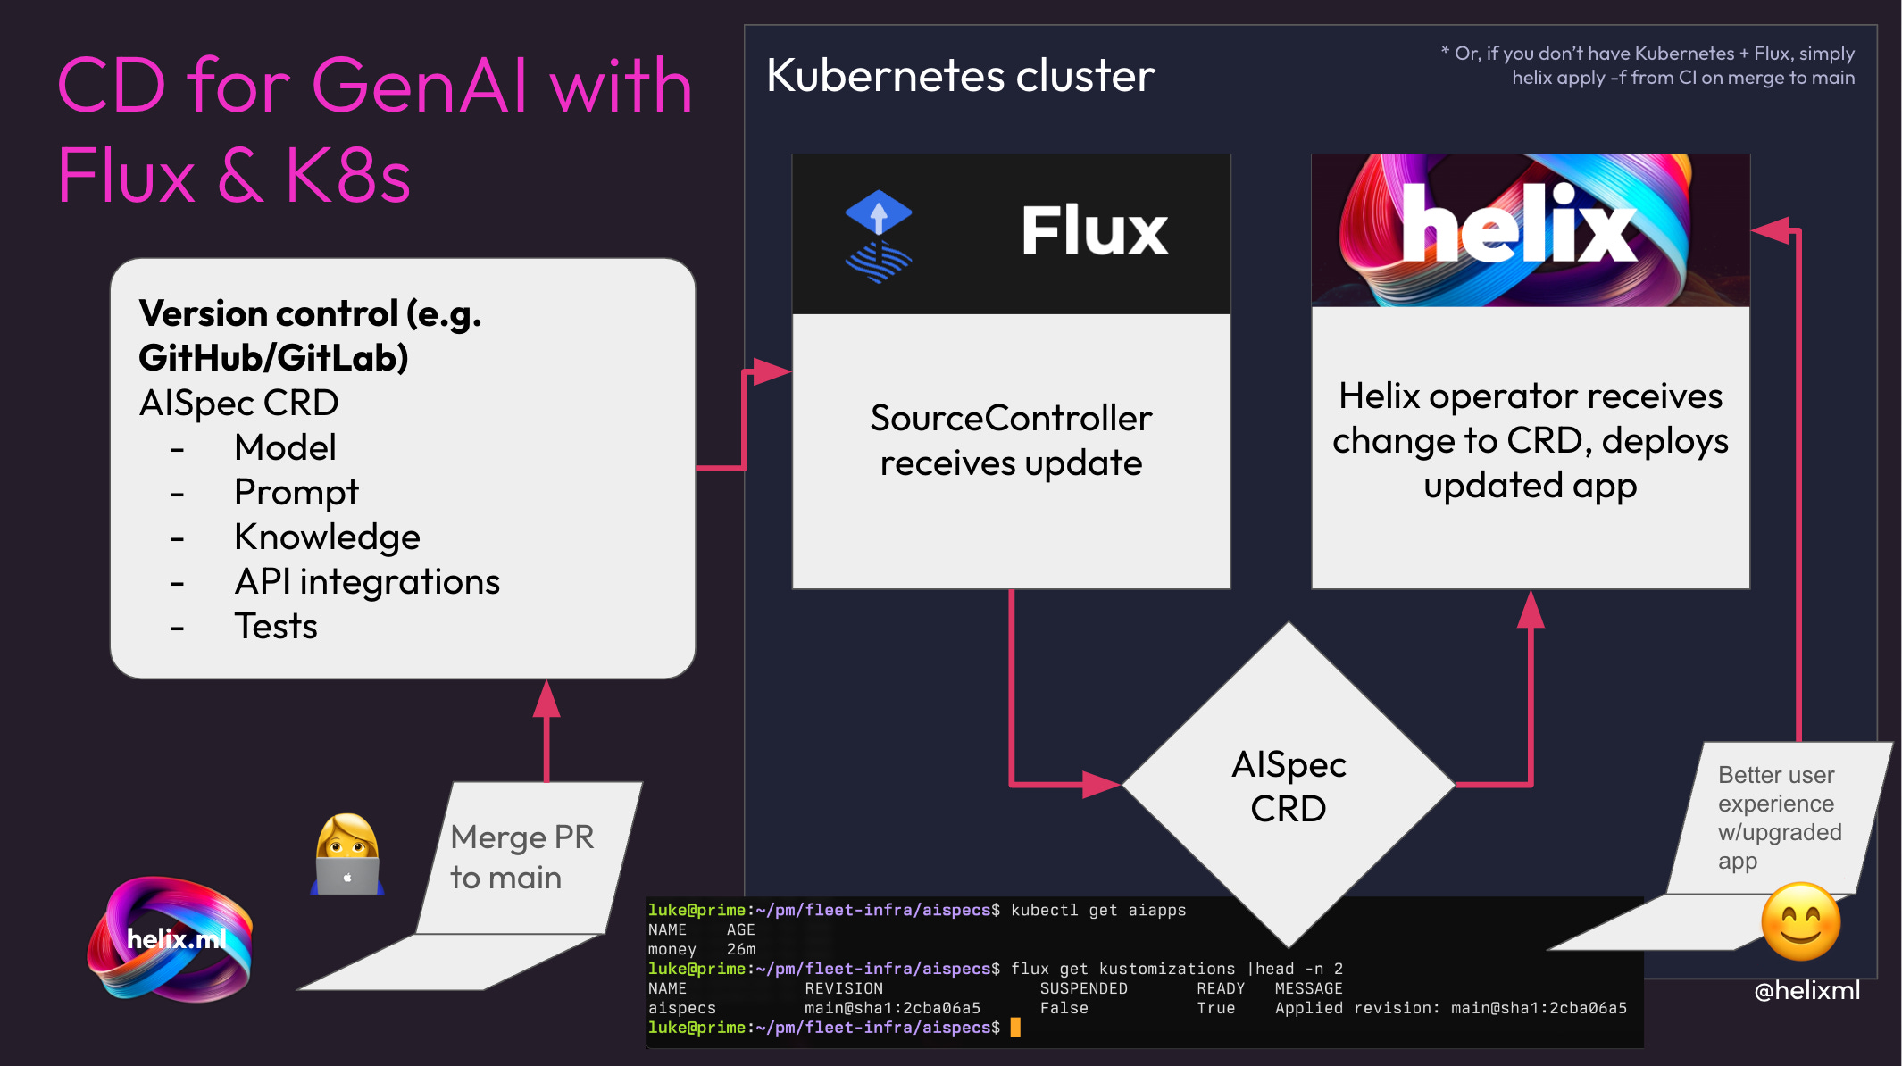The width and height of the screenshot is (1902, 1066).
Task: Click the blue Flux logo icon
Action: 878,236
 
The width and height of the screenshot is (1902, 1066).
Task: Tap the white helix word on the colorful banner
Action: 1518,227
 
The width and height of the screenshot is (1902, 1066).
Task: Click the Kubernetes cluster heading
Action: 960,76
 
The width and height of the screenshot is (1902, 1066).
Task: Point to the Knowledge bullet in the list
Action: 327,537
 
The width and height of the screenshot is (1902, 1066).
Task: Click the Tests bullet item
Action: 275,627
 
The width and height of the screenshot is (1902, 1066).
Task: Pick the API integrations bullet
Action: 366,582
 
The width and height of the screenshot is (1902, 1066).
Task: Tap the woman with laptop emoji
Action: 347,854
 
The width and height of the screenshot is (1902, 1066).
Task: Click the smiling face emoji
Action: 1800,922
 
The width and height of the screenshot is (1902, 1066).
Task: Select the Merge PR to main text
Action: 521,857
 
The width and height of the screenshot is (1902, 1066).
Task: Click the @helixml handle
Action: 1806,990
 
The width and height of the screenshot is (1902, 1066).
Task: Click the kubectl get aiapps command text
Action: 1097,911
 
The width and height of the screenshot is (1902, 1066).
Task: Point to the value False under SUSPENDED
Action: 1064,1008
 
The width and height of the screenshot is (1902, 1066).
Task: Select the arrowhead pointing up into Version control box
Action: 546,700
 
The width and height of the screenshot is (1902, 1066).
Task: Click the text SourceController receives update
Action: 1011,441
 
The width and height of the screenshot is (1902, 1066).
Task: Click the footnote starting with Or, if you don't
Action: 1652,65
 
